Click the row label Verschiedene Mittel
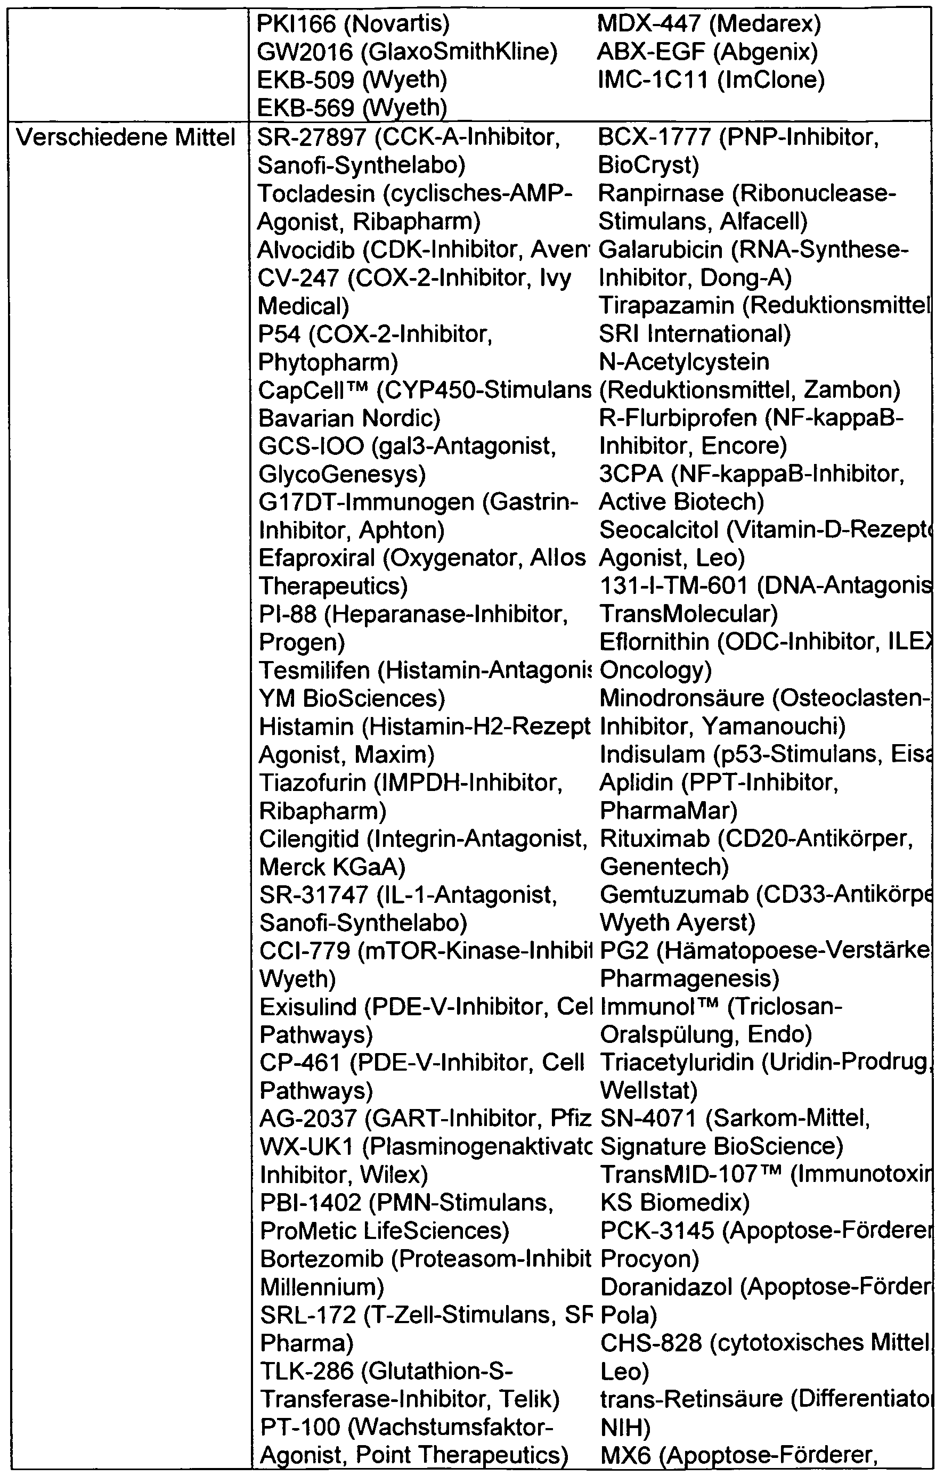(126, 138)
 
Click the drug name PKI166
(296, 24)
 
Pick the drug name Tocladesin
(316, 194)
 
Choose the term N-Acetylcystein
(684, 362)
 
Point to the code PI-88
(288, 615)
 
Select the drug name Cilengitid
(310, 839)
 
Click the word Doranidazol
(666, 1287)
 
